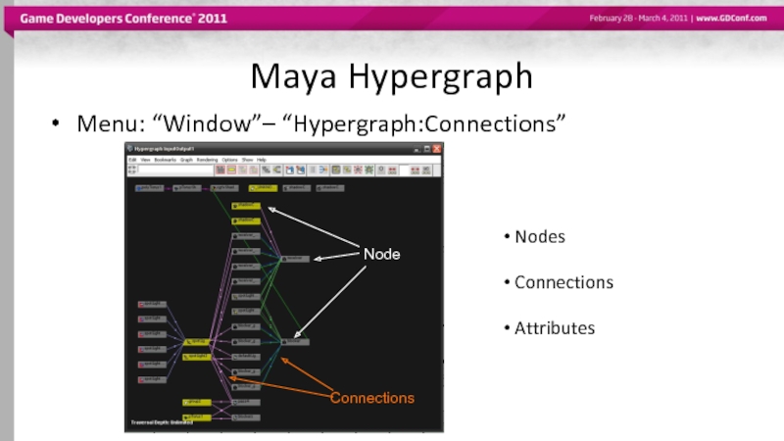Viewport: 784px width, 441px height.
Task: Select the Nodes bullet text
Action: point(540,237)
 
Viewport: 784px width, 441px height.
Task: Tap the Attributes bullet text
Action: point(555,328)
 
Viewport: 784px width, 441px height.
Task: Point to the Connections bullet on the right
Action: point(563,282)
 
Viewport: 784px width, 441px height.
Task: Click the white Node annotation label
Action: point(381,254)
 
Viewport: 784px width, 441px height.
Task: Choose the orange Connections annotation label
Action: point(371,398)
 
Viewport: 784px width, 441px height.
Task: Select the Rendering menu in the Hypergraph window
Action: point(207,159)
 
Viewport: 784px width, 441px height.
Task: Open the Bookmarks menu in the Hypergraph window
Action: point(165,159)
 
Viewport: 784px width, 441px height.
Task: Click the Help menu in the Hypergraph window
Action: point(262,159)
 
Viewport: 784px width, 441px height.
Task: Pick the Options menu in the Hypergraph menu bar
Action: point(229,159)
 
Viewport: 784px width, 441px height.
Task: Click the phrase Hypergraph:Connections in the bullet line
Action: point(430,124)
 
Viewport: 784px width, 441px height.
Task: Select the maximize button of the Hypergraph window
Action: point(427,149)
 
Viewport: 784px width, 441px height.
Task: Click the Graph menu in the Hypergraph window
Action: point(186,159)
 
